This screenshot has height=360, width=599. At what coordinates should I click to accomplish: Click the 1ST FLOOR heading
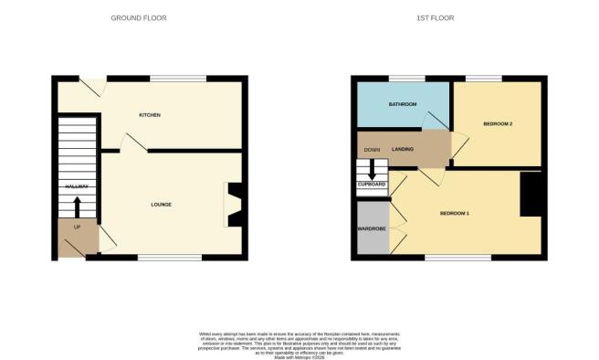[436, 18]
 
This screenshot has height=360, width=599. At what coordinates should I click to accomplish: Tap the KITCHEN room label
[150, 115]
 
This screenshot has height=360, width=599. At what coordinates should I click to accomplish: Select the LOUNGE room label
[162, 204]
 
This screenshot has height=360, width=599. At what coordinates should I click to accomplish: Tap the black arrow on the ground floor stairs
[77, 205]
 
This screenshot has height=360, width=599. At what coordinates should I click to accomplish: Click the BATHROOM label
[402, 105]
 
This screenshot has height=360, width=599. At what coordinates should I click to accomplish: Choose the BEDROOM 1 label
[454, 213]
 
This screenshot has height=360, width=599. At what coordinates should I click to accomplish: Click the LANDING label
[403, 149]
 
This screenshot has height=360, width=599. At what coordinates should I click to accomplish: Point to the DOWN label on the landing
[372, 149]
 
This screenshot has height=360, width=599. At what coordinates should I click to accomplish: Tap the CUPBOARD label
[372, 185]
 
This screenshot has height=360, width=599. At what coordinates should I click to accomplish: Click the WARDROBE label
[371, 228]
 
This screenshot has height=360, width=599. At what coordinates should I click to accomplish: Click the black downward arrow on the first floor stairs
[372, 169]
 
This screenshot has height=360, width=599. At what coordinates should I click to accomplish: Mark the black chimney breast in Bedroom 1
[531, 195]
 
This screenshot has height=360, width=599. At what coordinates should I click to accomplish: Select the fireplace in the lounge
[235, 205]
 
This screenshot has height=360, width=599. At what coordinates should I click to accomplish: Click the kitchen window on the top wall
[178, 78]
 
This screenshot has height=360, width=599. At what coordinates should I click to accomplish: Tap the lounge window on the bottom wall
[169, 257]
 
